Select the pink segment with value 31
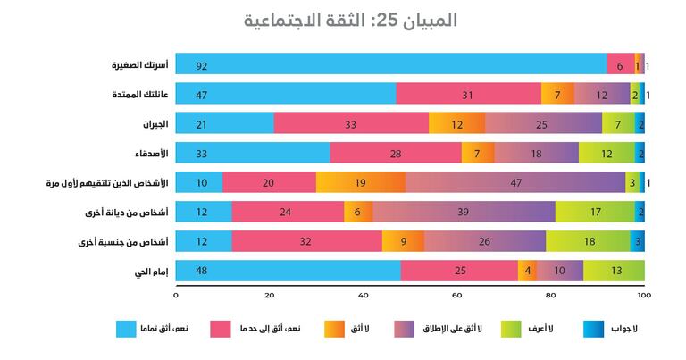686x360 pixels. point(468,94)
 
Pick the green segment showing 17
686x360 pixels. point(595,212)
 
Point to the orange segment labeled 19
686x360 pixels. point(359,182)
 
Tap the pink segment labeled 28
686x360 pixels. point(396,153)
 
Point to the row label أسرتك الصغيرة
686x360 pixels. point(133,65)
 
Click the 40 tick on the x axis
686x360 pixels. point(363,296)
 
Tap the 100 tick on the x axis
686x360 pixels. point(644,296)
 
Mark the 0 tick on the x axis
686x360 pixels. point(176,296)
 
